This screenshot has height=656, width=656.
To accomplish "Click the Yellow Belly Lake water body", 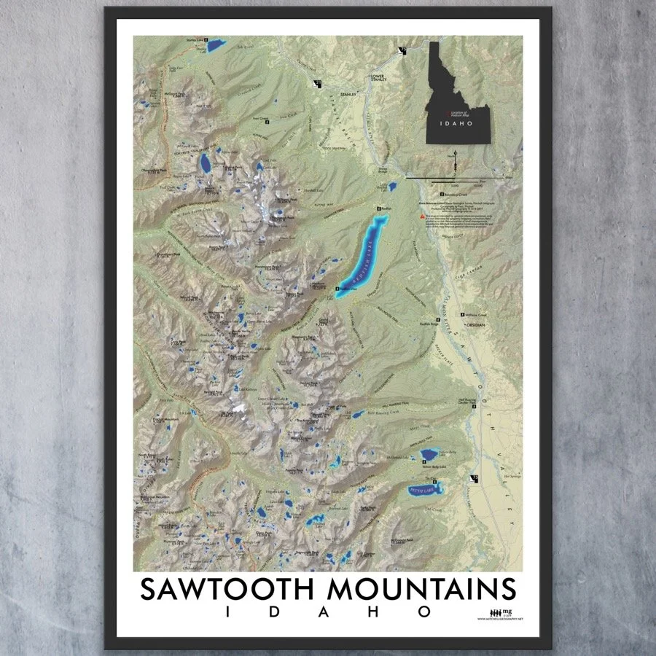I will pos(427,455).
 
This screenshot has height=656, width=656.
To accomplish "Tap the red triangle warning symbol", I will pos(421,217).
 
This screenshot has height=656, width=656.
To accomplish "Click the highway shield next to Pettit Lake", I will pos(475,478).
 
